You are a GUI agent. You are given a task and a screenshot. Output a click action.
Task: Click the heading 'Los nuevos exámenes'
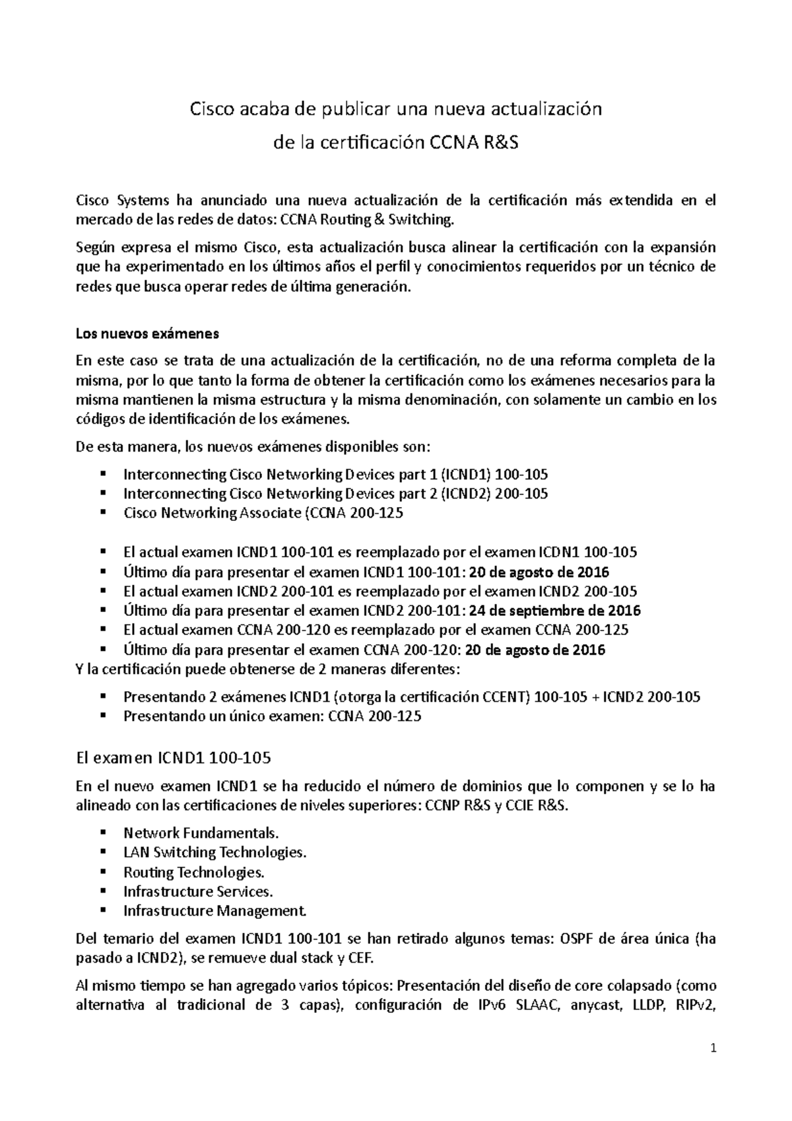point(147,333)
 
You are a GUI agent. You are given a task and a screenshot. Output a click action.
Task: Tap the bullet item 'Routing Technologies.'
point(194,872)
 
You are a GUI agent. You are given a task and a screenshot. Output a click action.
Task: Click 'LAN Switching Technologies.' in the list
point(215,852)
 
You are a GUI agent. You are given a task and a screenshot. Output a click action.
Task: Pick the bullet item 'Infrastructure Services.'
point(198,891)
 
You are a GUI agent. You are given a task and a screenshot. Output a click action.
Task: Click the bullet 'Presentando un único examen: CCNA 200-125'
point(273,716)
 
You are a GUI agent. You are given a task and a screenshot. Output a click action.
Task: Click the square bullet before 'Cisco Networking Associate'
point(103,513)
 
